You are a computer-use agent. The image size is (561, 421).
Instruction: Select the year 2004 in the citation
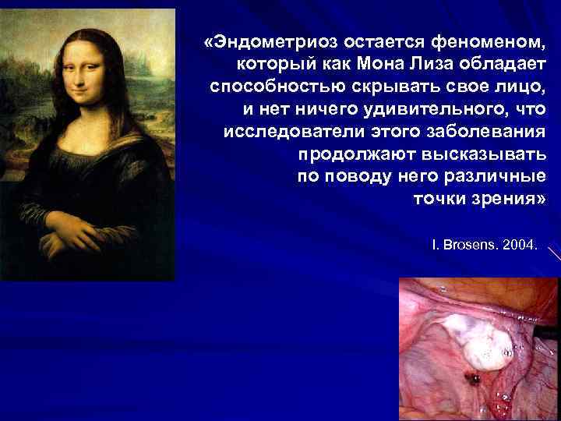[x=519, y=244]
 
